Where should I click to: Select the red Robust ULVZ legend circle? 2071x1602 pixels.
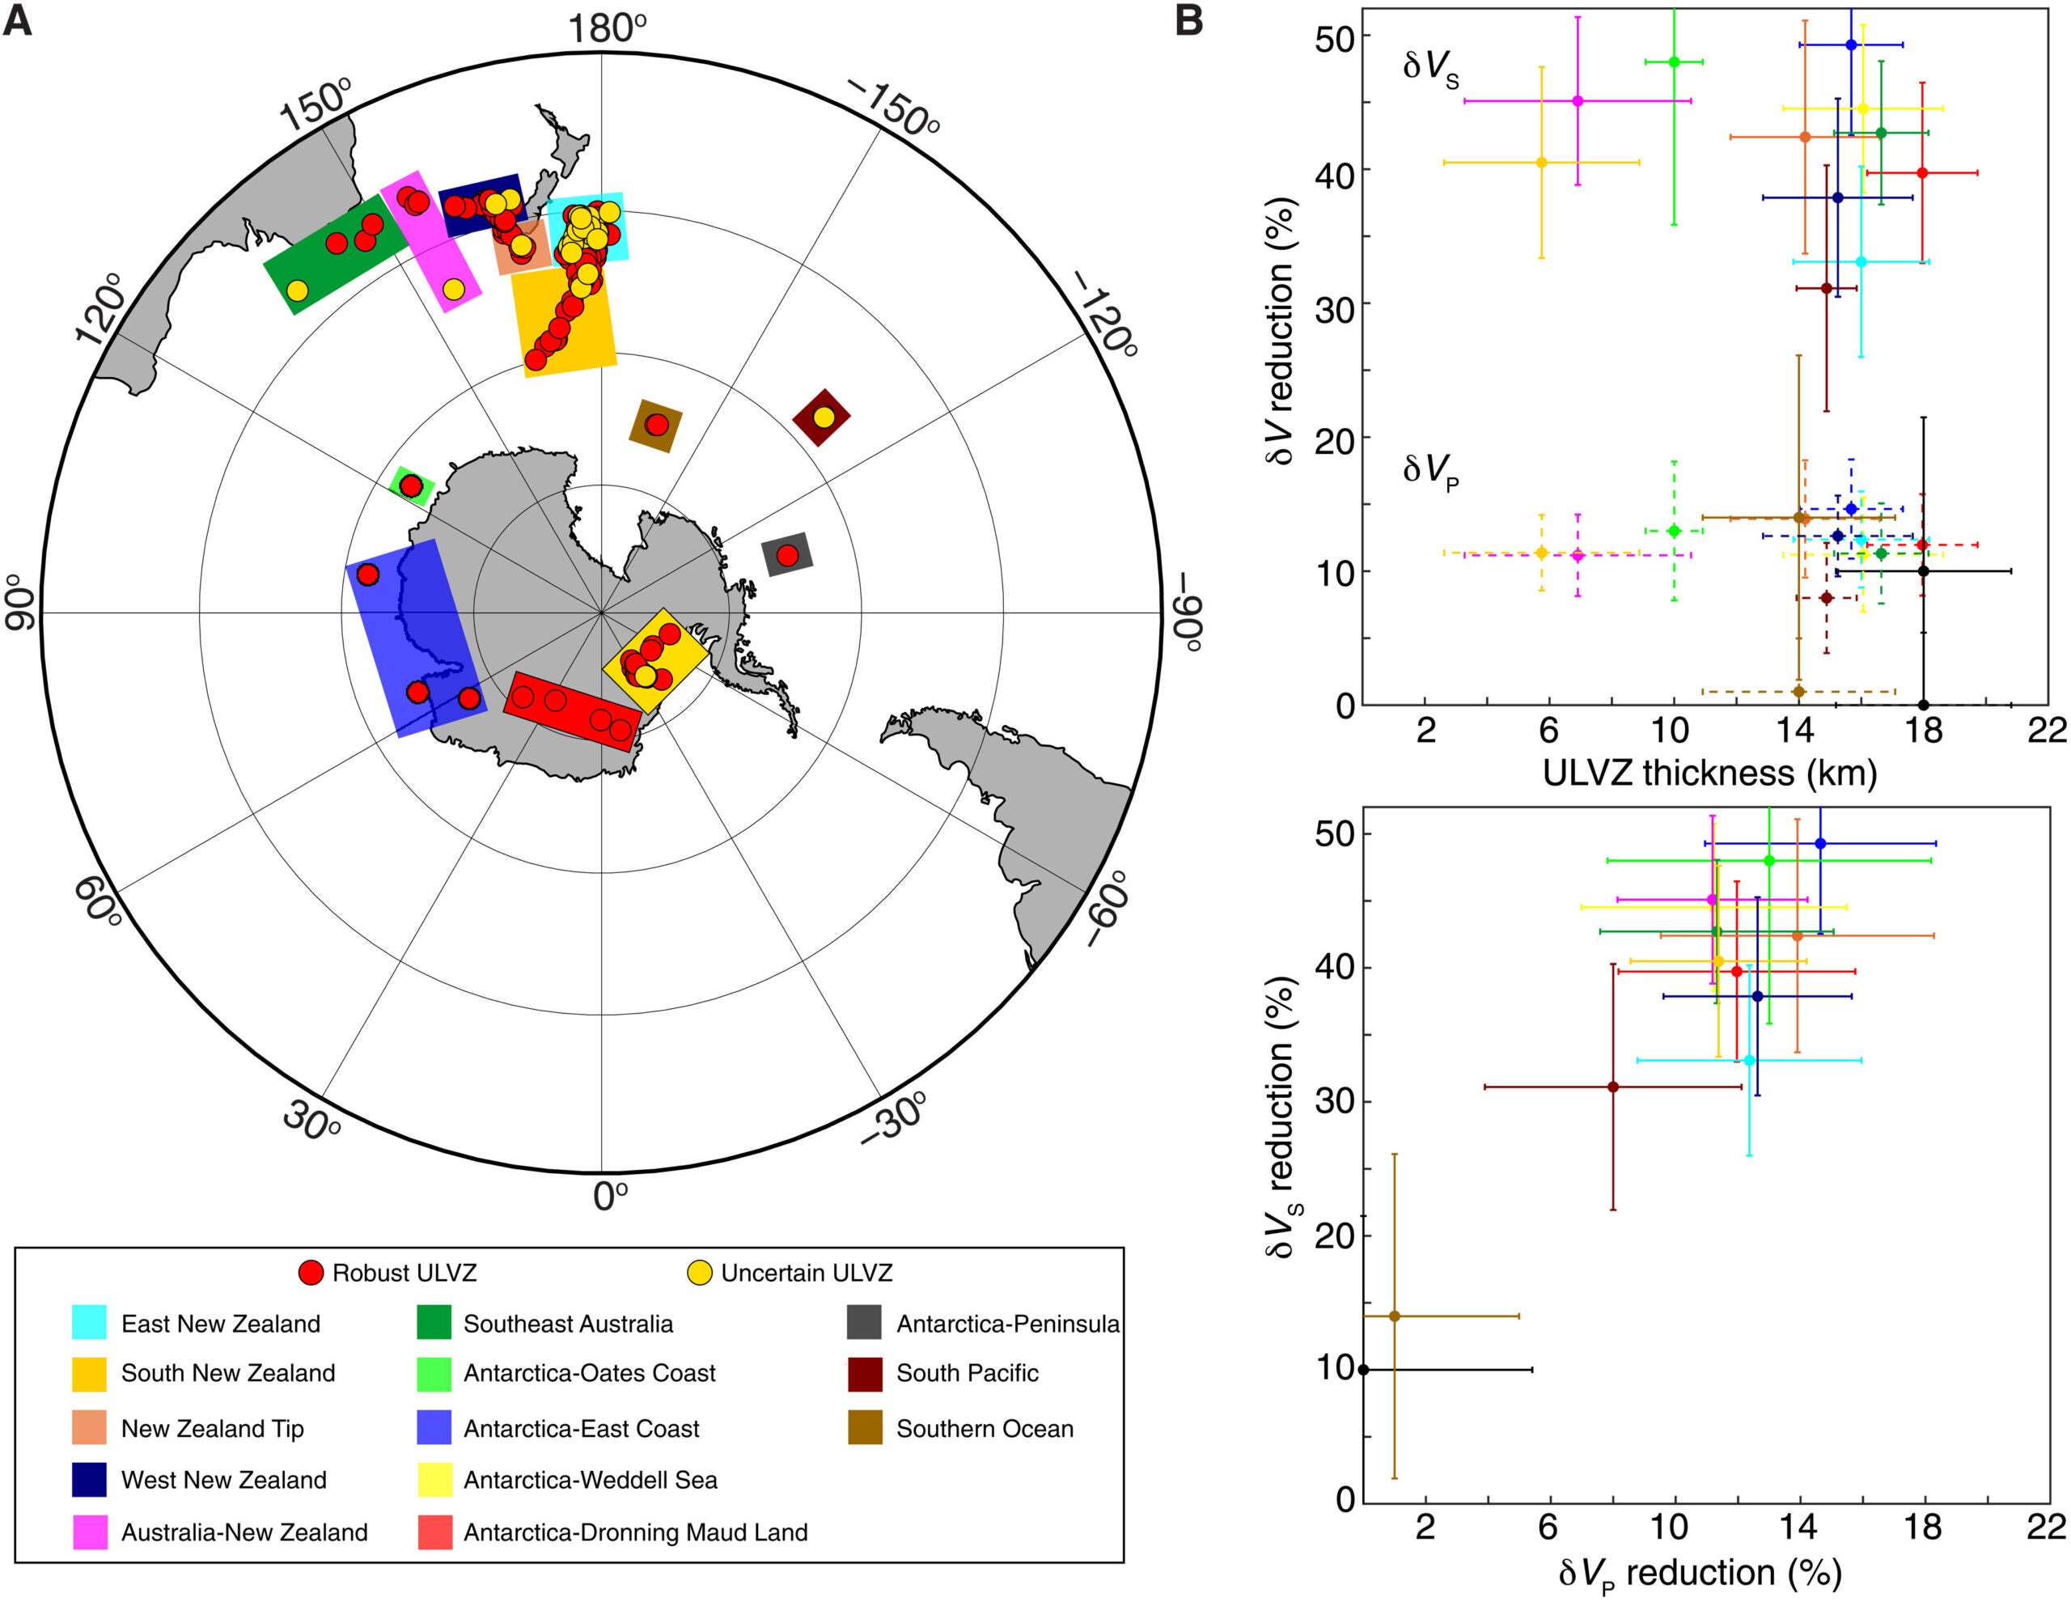(312, 1273)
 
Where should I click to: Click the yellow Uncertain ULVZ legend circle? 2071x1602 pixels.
(699, 1273)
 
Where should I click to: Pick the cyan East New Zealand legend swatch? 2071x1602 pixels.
(88, 1323)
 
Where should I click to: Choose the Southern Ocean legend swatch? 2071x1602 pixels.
(864, 1428)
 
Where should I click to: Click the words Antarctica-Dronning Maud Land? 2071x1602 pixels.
(635, 1532)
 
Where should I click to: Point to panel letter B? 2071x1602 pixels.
(1188, 21)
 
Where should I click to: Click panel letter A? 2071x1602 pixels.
(18, 21)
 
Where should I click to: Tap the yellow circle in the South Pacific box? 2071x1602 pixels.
(823, 417)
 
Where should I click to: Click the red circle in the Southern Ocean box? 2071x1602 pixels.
(656, 425)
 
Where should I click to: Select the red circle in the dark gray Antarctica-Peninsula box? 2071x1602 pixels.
(786, 555)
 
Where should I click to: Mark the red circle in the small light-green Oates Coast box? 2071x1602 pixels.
(411, 485)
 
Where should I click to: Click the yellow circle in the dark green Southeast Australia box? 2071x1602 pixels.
(298, 290)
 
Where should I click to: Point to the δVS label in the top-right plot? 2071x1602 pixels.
(1430, 68)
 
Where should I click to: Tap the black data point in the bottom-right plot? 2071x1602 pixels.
(1364, 1370)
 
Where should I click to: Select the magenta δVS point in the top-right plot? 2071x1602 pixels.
(1578, 100)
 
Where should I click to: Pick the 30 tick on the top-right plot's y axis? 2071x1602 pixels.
(1335, 303)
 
